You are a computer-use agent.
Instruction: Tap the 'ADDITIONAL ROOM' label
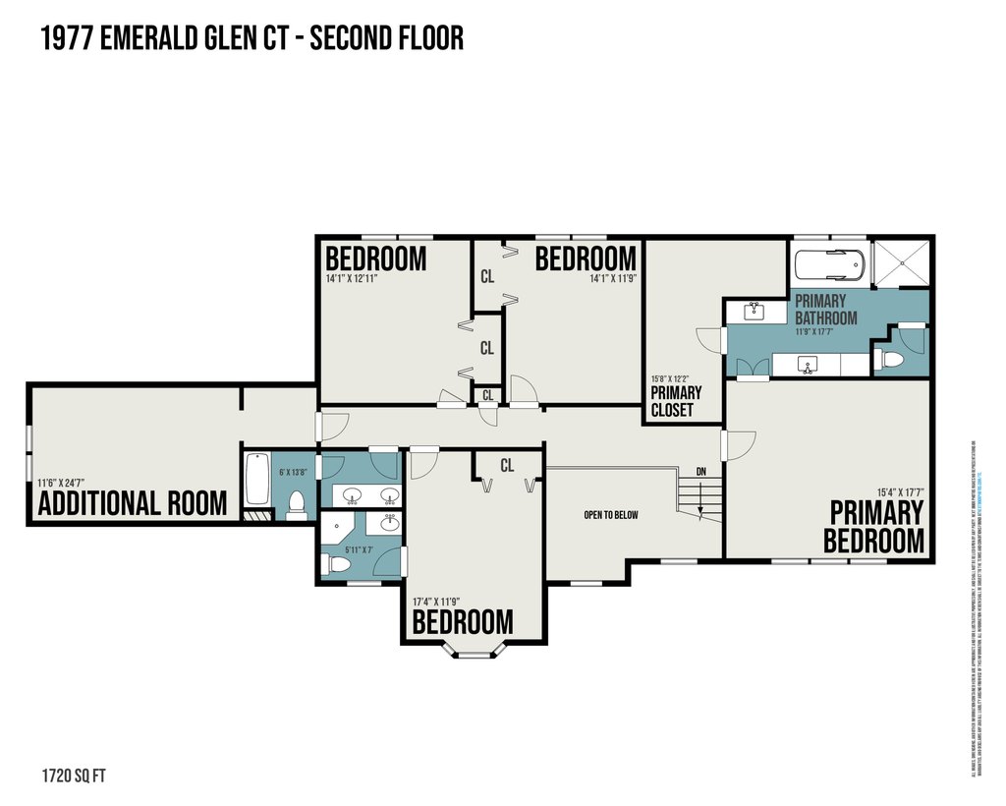pyautogui.click(x=132, y=504)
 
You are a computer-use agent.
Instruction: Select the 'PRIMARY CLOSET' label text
pyautogui.click(x=676, y=401)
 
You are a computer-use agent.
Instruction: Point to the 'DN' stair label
pyautogui.click(x=700, y=472)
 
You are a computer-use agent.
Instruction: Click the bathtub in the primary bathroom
pyautogui.click(x=830, y=265)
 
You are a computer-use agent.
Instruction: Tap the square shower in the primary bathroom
pyautogui.click(x=900, y=261)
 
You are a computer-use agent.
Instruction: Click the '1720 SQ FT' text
pyautogui.click(x=74, y=776)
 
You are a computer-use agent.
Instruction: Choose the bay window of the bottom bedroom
pyautogui.click(x=475, y=650)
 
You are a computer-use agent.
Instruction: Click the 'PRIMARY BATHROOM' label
pyautogui.click(x=825, y=309)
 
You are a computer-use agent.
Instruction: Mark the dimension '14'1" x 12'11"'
pyautogui.click(x=352, y=278)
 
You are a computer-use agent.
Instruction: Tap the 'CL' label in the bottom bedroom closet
pyautogui.click(x=507, y=466)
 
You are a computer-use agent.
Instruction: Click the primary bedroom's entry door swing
pyautogui.click(x=734, y=444)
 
